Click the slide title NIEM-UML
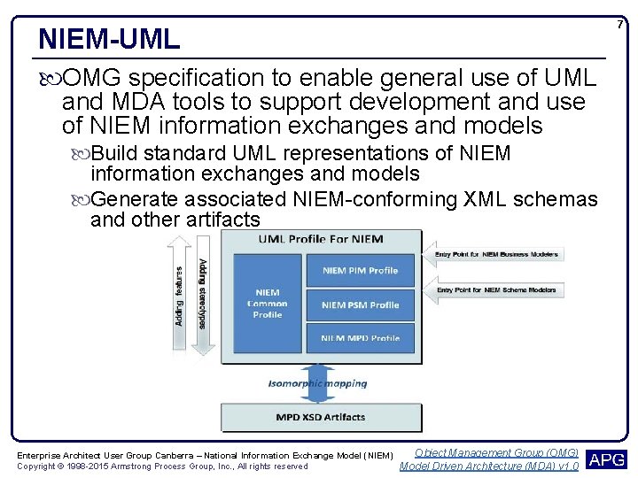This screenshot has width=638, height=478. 109,39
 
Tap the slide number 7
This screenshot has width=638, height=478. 620,24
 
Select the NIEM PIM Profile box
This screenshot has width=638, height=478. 360,270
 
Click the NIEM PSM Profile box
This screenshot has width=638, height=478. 360,305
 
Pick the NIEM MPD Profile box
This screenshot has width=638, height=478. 360,335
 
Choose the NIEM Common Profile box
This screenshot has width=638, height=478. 267,303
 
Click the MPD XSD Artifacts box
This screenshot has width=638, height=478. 320,416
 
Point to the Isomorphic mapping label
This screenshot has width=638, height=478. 317,384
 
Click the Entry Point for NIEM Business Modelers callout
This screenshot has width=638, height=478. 496,255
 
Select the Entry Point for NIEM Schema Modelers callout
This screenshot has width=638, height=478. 496,289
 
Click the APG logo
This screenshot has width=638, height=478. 607,459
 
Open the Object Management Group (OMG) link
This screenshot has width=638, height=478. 495,452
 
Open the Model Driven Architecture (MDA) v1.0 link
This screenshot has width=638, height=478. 489,466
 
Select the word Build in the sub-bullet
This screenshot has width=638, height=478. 113,153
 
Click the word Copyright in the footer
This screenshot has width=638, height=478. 38,466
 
